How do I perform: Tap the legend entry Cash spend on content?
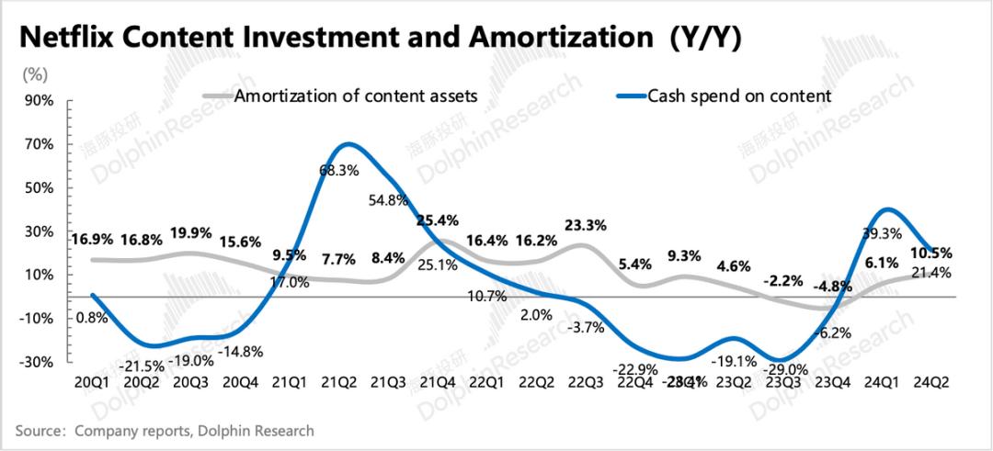[739, 95]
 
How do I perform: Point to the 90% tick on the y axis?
[40, 100]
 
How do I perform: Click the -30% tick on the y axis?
[38, 362]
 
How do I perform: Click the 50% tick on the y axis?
[40, 187]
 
